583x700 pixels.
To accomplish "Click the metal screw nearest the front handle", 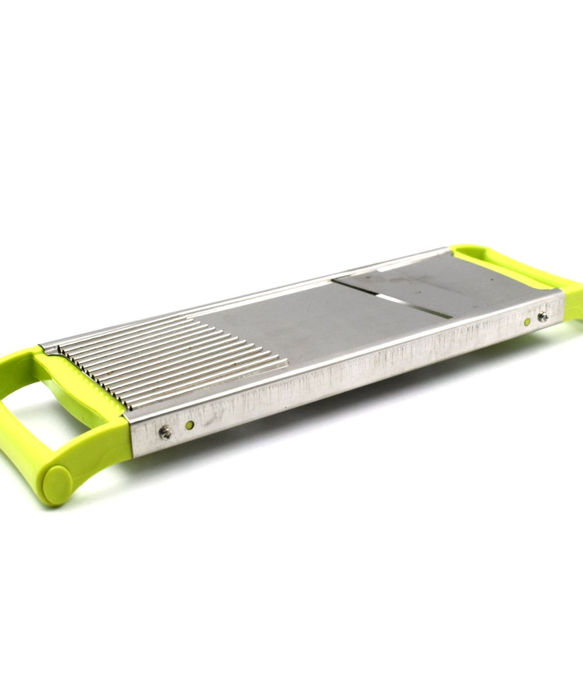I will coord(164,432).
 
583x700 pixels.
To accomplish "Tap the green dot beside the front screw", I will coord(189,424).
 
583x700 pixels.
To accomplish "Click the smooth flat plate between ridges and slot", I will coord(298,327).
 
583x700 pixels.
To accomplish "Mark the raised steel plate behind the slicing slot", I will coord(420,280).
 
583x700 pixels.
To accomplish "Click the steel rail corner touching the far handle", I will coord(560,299).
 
